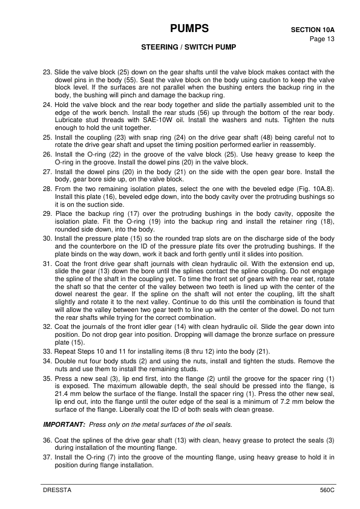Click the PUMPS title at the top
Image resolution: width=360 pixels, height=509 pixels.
pos(189,28)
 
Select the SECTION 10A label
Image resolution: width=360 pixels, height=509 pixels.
pos(313,29)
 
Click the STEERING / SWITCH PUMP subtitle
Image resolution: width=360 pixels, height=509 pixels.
pos(189,47)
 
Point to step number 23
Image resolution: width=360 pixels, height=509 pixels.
pos(47,73)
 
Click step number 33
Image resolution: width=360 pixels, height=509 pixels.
pos(47,351)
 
